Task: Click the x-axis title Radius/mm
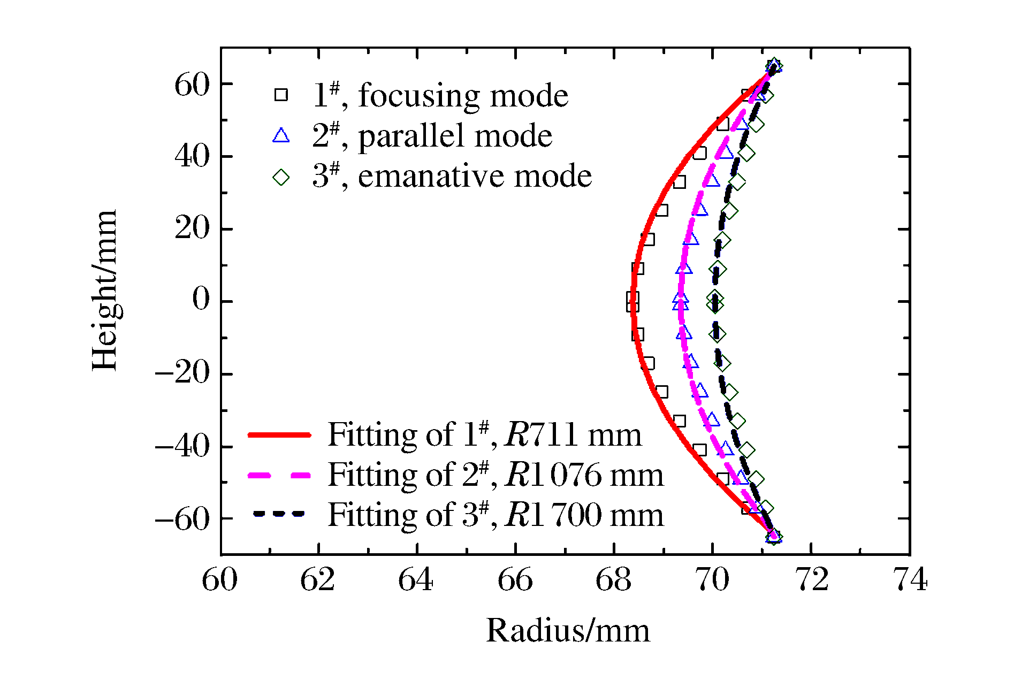[x=568, y=631]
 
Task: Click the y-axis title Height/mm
[x=104, y=290]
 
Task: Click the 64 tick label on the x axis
[x=416, y=580]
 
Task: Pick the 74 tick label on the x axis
[x=911, y=580]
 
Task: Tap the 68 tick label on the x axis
[x=613, y=580]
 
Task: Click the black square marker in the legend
[x=281, y=95]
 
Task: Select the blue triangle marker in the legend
[x=281, y=135]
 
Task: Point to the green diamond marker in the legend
[x=281, y=177]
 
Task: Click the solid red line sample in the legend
[x=279, y=435]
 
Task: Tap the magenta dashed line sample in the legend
[x=279, y=475]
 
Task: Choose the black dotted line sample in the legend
[x=279, y=514]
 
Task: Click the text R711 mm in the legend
[x=573, y=434]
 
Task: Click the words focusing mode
[x=463, y=96]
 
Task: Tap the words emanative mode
[x=475, y=177]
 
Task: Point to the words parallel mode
[x=455, y=136]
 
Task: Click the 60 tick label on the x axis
[x=220, y=580]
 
